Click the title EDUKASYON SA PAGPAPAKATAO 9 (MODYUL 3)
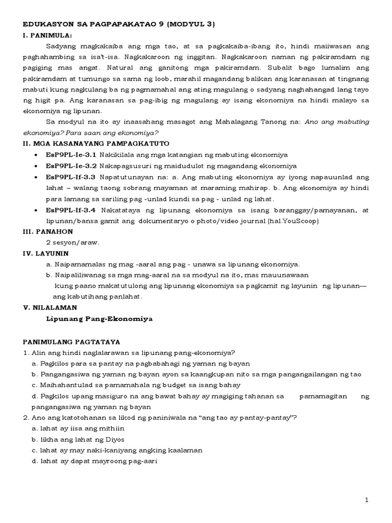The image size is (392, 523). point(120,24)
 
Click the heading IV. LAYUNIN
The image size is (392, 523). point(46,253)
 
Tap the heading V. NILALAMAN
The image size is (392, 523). point(50,308)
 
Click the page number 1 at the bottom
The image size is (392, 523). point(366,500)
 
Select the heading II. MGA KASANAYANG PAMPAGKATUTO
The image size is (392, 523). point(96,144)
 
